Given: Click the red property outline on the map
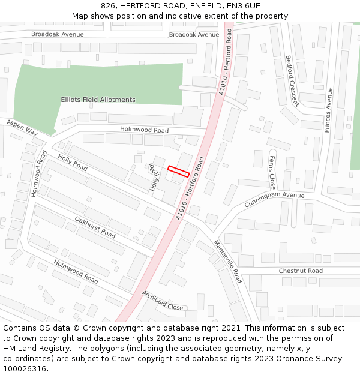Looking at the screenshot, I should coord(179,171).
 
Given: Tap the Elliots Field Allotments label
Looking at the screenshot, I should coord(98,100).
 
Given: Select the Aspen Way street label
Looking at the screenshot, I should coord(22,127).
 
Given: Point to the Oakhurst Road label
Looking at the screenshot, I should coord(95,227).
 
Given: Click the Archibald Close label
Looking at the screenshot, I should coord(162,300).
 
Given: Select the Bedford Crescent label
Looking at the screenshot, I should coord(293,80).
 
